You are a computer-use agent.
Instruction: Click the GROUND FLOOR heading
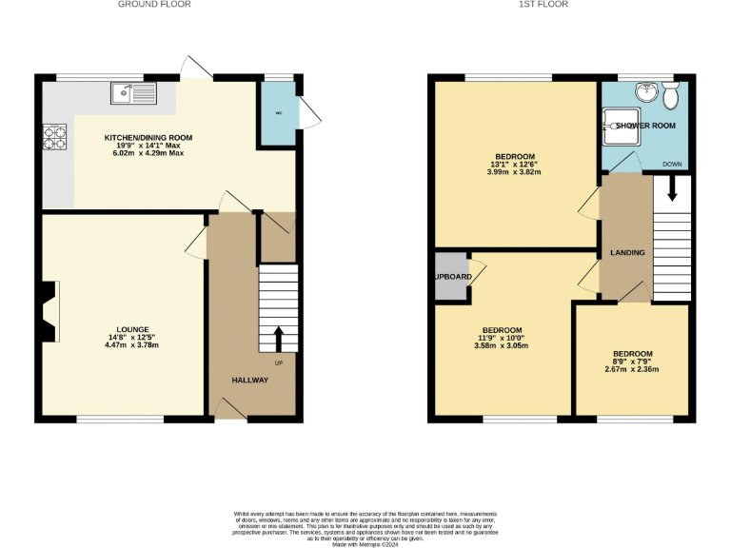click(x=153, y=5)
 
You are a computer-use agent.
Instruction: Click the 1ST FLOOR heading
click(x=544, y=5)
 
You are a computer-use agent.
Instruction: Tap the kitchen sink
click(x=132, y=92)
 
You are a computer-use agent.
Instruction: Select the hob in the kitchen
click(x=53, y=138)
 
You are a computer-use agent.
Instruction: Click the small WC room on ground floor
click(x=278, y=114)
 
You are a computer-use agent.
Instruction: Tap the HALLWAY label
click(x=250, y=381)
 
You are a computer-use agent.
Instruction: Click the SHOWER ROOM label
click(x=644, y=126)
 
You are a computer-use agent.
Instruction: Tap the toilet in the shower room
click(x=672, y=95)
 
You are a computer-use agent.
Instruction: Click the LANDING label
click(x=627, y=252)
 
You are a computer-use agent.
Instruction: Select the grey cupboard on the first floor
click(x=450, y=276)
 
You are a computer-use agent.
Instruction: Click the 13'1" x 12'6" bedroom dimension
click(x=514, y=164)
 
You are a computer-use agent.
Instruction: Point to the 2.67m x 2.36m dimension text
click(x=632, y=370)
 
